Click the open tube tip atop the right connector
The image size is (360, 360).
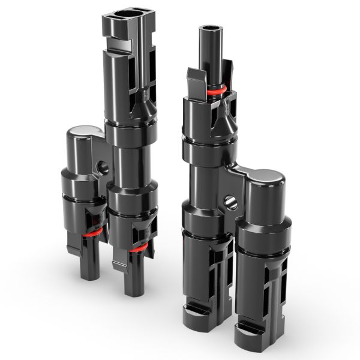coord(210,29)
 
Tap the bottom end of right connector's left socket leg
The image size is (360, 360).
coord(201,313)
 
